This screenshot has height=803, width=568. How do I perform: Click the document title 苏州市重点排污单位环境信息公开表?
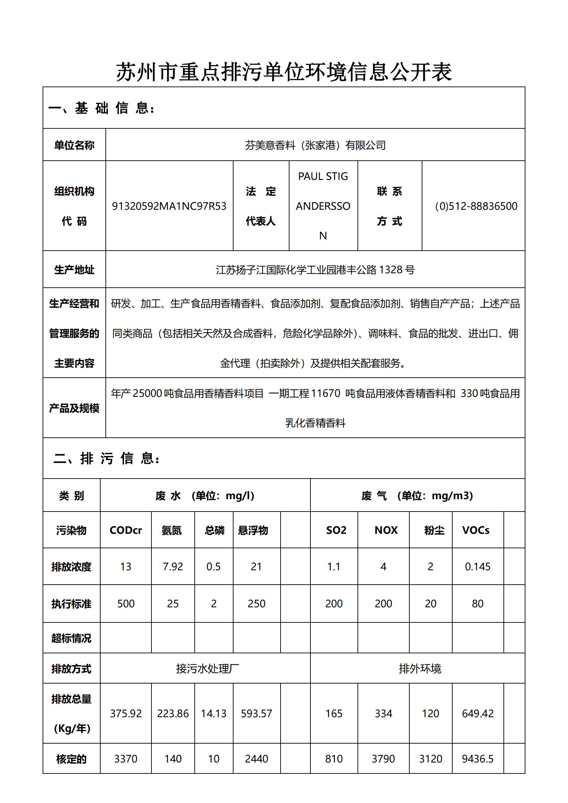(284, 72)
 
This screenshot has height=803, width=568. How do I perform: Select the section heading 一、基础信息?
(101, 108)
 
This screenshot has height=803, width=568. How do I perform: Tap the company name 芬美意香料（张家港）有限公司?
(315, 145)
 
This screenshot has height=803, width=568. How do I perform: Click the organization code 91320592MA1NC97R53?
(169, 206)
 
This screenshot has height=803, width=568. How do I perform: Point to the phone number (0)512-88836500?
(476, 206)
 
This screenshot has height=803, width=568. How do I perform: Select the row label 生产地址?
(74, 269)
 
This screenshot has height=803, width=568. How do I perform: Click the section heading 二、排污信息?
(107, 458)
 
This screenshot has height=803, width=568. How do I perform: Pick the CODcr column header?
(126, 530)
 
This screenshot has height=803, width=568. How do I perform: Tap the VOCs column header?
(476, 530)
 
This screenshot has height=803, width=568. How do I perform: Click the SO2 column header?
(336, 530)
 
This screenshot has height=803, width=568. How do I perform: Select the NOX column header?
(386, 530)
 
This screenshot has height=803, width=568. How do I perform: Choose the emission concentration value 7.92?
(173, 566)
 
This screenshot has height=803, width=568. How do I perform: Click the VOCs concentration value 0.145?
(477, 566)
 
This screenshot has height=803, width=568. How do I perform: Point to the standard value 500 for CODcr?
(126, 603)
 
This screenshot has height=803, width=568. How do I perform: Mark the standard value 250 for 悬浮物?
(257, 603)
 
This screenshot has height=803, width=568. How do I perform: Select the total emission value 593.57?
(257, 713)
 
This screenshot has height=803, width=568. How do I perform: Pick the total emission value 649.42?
(477, 713)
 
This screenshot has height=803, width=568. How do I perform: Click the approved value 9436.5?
(477, 759)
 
